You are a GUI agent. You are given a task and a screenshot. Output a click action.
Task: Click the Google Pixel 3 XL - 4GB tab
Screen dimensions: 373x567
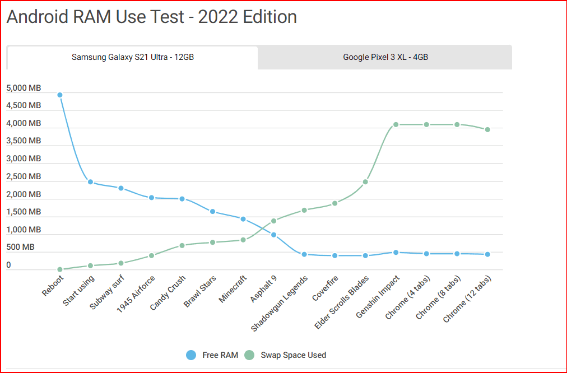point(385,57)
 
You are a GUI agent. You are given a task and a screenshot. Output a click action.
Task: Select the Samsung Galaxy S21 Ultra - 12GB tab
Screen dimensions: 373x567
point(133,57)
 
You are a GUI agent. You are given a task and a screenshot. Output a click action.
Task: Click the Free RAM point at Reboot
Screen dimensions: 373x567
point(59,95)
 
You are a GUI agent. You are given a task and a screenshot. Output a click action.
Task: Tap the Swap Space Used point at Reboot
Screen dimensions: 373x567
point(59,269)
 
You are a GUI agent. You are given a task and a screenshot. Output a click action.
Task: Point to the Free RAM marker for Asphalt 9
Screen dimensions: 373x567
point(273,235)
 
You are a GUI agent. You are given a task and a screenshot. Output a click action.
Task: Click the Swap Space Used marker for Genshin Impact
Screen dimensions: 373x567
point(396,124)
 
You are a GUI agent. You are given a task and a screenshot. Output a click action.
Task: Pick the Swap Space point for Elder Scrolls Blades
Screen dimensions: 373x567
point(365,181)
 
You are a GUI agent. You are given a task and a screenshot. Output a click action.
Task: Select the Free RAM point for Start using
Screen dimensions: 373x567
point(90,182)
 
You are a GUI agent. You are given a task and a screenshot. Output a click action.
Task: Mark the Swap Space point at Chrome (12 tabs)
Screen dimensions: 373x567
point(487,129)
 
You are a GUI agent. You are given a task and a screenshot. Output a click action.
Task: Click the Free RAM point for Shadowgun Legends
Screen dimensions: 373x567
point(304,254)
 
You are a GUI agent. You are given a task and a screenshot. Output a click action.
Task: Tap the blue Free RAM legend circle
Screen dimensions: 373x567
point(191,355)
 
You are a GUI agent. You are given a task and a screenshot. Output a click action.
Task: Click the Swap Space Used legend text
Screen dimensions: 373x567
point(293,355)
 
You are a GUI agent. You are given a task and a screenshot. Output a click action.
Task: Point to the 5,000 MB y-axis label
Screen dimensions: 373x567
point(24,88)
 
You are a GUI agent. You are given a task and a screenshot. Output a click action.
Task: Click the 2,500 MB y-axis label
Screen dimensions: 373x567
point(24,176)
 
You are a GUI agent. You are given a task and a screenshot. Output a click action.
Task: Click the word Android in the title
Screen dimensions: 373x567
point(38,17)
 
